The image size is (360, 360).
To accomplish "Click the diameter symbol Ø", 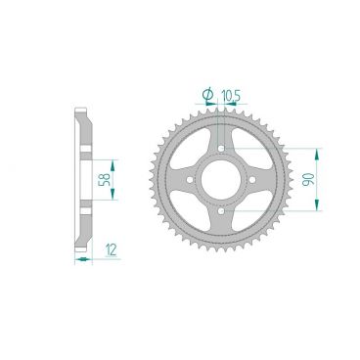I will coord(206,93).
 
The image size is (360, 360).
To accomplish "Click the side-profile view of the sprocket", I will coord(85,178).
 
